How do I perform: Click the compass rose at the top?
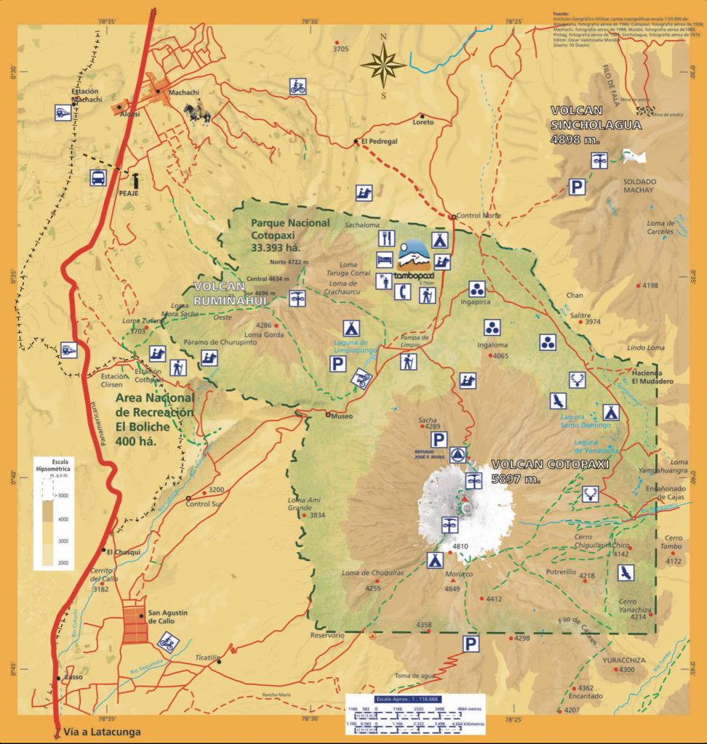click(x=383, y=65)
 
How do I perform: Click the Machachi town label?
click(x=183, y=92)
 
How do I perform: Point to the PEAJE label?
click(x=109, y=195)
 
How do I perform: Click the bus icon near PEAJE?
click(x=97, y=177)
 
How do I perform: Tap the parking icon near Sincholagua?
click(x=577, y=187)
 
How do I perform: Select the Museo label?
click(x=341, y=416)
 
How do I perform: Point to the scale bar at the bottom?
click(x=415, y=714)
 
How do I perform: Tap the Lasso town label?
click(x=73, y=677)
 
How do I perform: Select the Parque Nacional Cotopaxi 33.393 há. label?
click(x=289, y=235)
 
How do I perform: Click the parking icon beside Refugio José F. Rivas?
click(x=439, y=439)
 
